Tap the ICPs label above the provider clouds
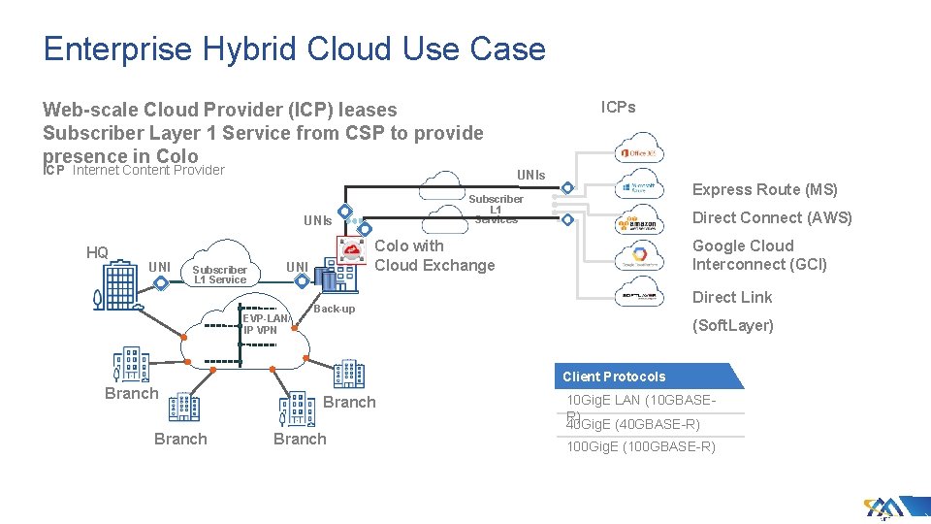tap(618, 107)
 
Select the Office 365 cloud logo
tap(640, 152)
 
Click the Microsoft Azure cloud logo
tap(640, 187)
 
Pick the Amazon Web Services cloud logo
tap(640, 223)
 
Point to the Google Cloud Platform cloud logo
tap(640, 258)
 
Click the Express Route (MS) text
tap(763, 190)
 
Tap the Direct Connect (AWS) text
tap(771, 218)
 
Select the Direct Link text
tap(731, 297)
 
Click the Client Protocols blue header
tap(615, 377)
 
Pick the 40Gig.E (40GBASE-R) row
tap(633, 425)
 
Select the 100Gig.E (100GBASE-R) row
tap(640, 447)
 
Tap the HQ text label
tap(97, 253)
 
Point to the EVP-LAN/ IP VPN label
tap(266, 324)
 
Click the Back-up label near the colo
tap(334, 309)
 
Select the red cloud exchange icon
tap(350, 250)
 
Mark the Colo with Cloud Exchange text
tap(433, 255)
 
